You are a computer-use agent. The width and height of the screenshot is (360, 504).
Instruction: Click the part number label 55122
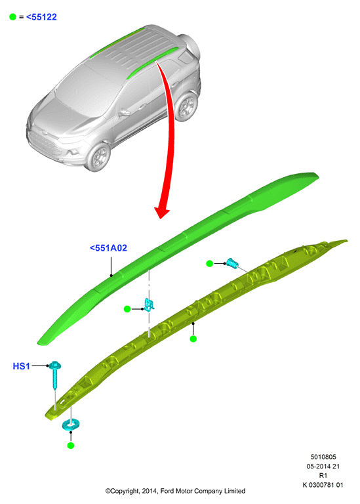pyautogui.click(x=41, y=17)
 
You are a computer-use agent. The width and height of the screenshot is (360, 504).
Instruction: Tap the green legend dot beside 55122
pyautogui.click(x=12, y=16)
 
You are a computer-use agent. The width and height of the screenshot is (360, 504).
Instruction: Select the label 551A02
pyautogui.click(x=108, y=248)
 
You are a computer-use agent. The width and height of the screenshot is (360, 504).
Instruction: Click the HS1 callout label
pyautogui.click(x=21, y=366)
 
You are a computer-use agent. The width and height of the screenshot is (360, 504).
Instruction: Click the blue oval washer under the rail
pyautogui.click(x=71, y=425)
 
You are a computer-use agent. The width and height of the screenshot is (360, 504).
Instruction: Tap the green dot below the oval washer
pyautogui.click(x=71, y=446)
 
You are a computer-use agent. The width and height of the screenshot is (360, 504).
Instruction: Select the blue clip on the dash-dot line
pyautogui.click(x=149, y=304)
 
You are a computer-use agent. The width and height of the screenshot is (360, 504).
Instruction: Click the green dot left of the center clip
pyautogui.click(x=127, y=309)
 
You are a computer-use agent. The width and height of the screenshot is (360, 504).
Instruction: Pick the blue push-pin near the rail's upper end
pyautogui.click(x=232, y=263)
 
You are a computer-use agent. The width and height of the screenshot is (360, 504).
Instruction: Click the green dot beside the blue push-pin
pyautogui.click(x=209, y=264)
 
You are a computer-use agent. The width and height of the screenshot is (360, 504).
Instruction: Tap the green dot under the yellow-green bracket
pyautogui.click(x=193, y=339)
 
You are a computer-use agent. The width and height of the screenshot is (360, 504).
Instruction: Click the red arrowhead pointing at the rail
pyautogui.click(x=161, y=212)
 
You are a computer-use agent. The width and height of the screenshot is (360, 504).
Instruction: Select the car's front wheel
pyautogui.click(x=98, y=157)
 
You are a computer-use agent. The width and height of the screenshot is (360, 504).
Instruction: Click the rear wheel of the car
pyautogui.click(x=186, y=107)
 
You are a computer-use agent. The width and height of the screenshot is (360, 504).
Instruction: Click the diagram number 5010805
pyautogui.click(x=323, y=457)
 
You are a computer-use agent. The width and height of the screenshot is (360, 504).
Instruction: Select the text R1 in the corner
pyautogui.click(x=323, y=475)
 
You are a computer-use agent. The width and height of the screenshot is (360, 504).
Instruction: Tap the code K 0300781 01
pyautogui.click(x=323, y=485)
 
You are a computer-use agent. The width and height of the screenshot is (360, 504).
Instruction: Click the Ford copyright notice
pyautogui.click(x=175, y=491)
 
